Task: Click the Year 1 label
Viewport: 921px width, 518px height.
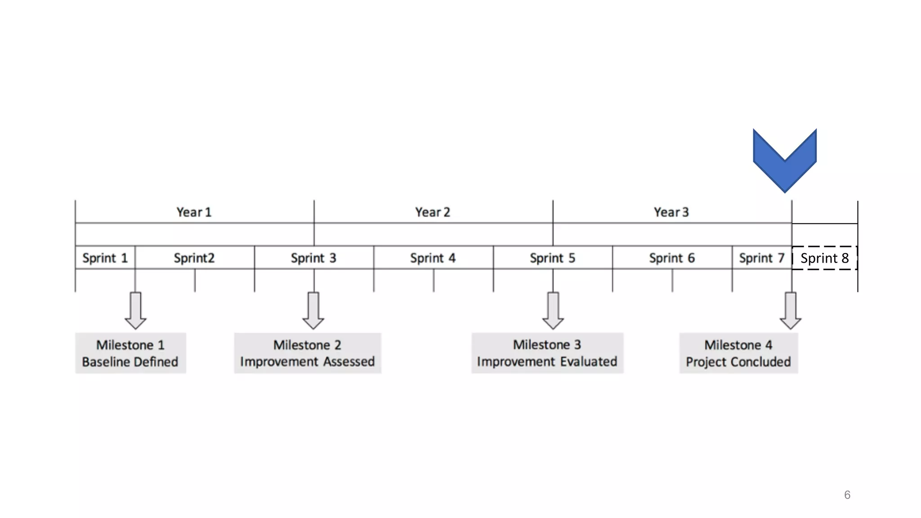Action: click(x=194, y=212)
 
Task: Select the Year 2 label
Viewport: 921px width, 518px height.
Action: click(x=433, y=212)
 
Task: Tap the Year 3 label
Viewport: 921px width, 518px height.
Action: click(x=671, y=212)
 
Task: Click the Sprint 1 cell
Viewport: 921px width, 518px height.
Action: click(x=105, y=258)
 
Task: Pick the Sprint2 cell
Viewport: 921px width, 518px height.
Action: click(x=194, y=258)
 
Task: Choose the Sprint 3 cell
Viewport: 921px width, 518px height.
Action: click(x=313, y=258)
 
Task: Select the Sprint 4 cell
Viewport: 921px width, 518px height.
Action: click(x=433, y=258)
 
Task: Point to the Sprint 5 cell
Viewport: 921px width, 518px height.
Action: click(x=552, y=258)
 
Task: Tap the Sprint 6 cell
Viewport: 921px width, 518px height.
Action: click(x=672, y=258)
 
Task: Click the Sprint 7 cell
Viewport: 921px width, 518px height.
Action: click(x=762, y=258)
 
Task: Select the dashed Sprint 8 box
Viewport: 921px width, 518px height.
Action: click(x=825, y=258)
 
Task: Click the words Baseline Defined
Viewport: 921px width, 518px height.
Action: click(x=130, y=362)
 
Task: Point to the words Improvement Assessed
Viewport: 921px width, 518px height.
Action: click(x=307, y=362)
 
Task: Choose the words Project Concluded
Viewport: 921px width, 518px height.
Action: click(x=738, y=362)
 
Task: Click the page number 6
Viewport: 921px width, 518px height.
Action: click(x=847, y=495)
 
